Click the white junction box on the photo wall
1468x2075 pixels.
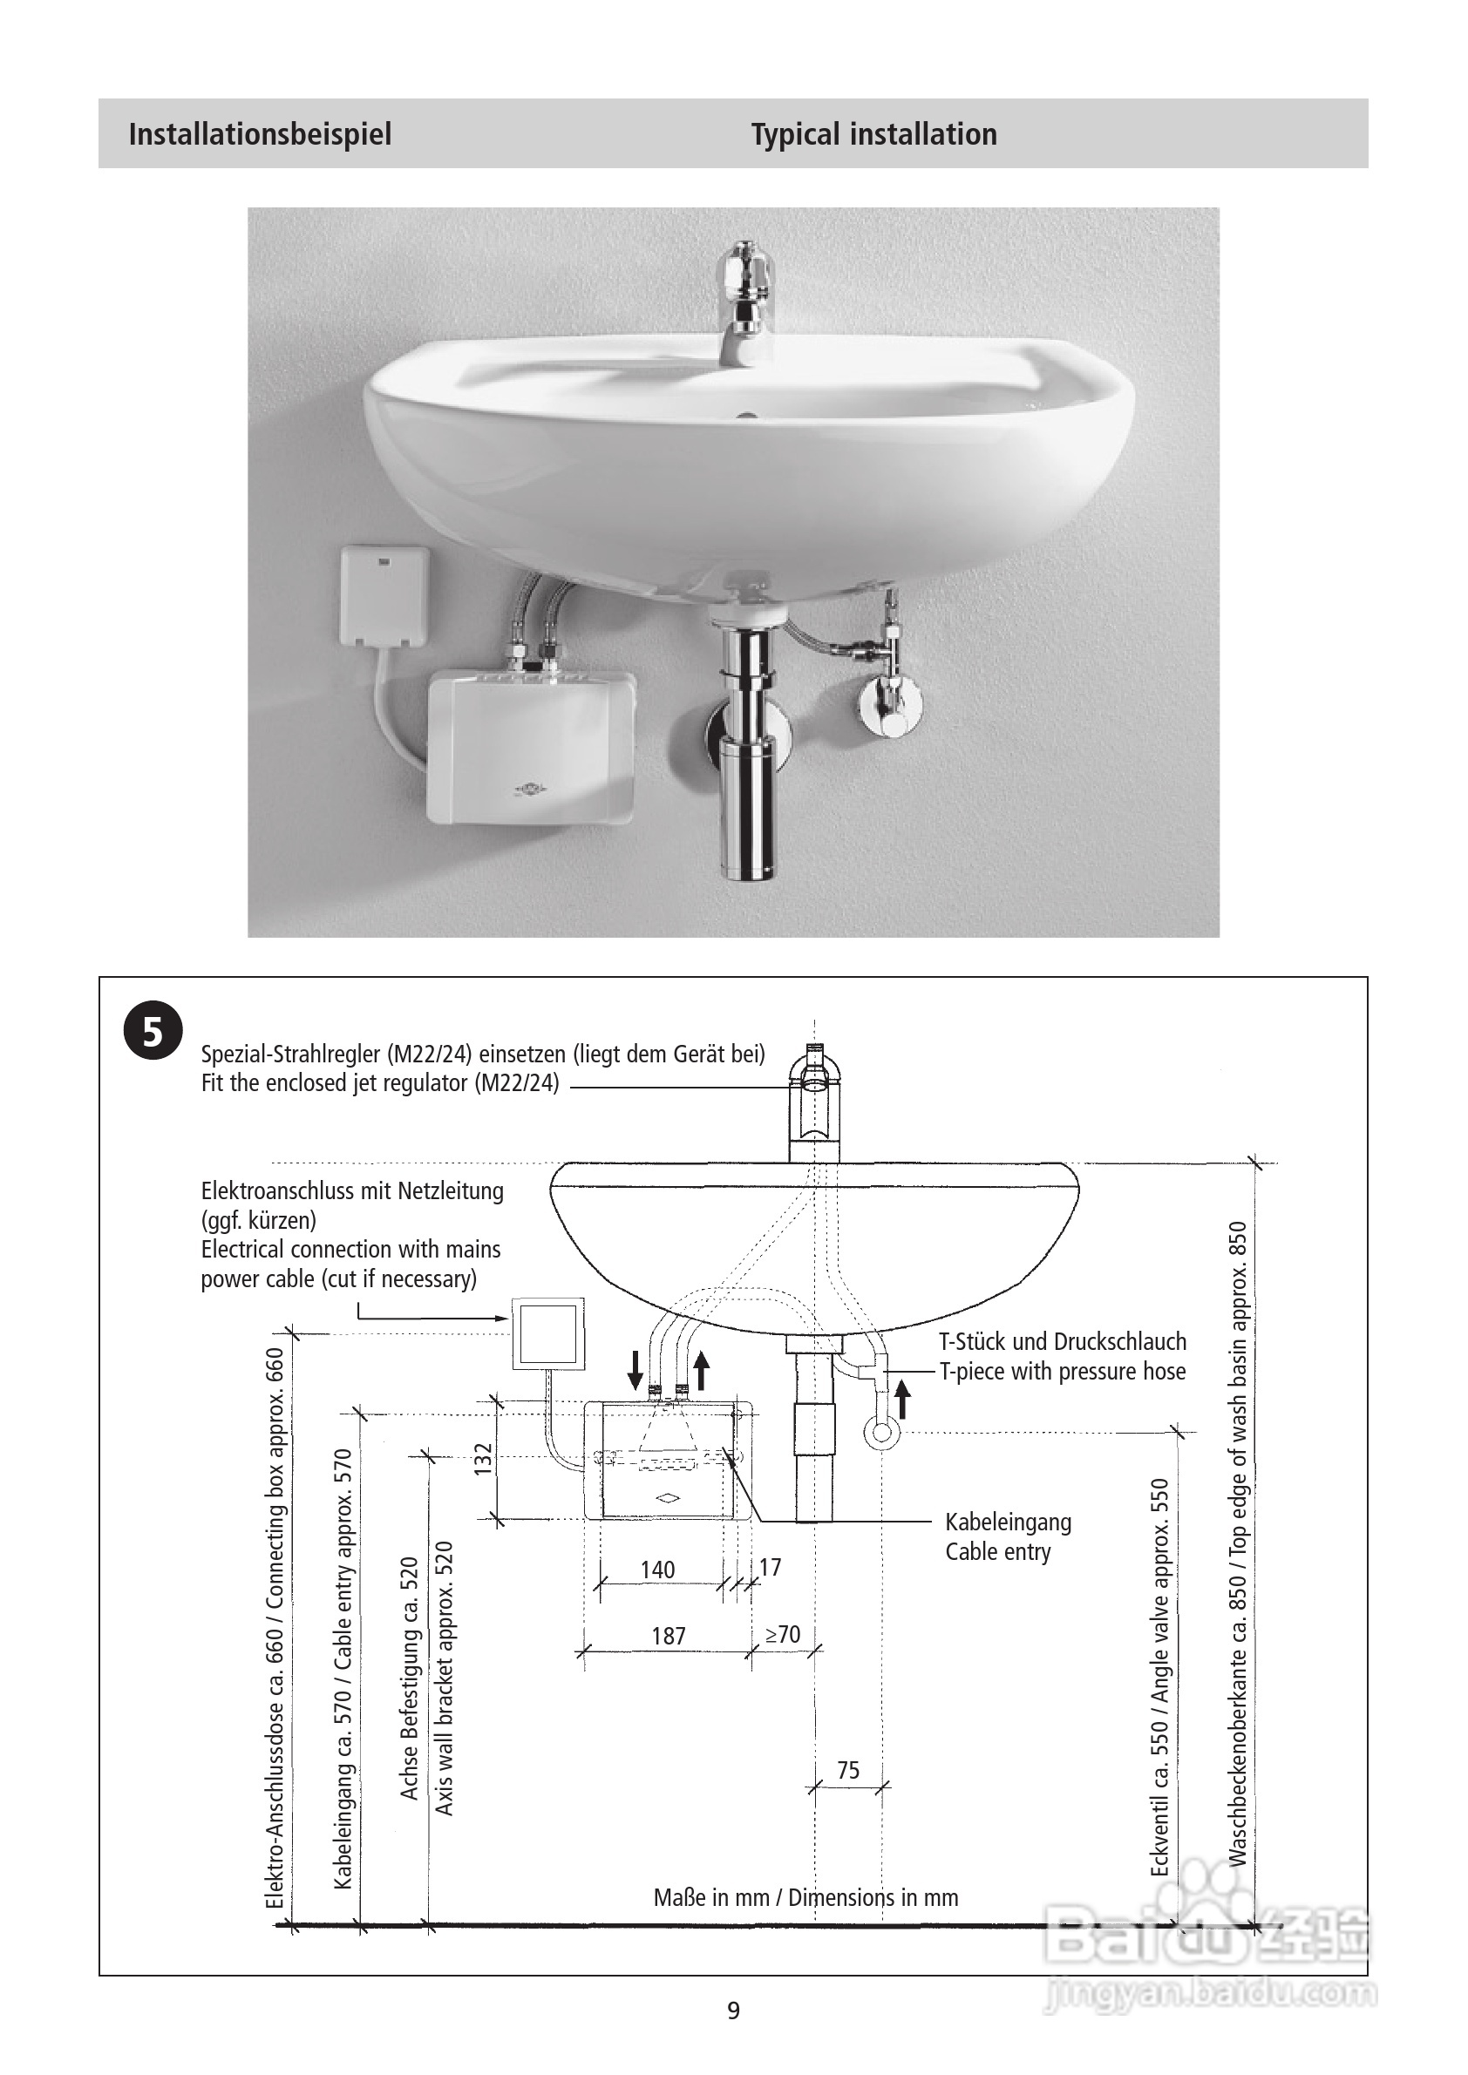coord(384,595)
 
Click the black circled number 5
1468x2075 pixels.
coord(153,1030)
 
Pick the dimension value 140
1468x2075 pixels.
coord(657,1569)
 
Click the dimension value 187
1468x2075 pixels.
coord(668,1636)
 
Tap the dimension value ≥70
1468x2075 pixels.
coord(783,1634)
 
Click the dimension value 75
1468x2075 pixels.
coord(848,1769)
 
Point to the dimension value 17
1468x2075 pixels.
coord(769,1567)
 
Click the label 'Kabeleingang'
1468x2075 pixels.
coord(1008,1522)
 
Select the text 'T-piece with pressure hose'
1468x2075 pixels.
coord(1062,1371)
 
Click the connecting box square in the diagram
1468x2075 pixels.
coord(547,1333)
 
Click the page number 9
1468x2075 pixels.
coord(733,2010)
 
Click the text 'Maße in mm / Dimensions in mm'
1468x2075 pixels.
coord(805,1897)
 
